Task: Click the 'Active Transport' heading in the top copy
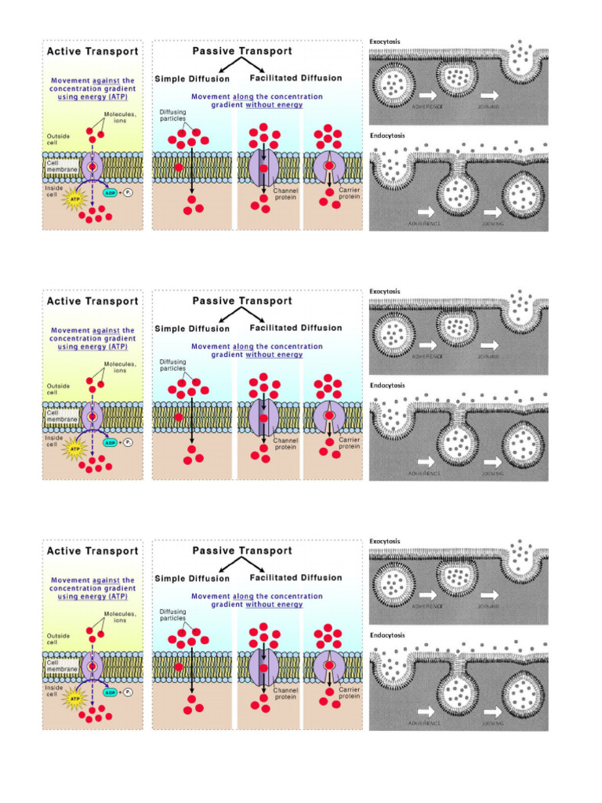pos(92,52)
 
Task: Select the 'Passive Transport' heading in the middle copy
pos(242,301)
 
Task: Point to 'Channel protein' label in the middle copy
pos(285,444)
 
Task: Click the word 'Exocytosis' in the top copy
pos(385,41)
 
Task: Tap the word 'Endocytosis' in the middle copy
pos(387,385)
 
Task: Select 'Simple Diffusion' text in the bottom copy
pos(192,579)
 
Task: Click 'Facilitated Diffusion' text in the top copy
pos(296,78)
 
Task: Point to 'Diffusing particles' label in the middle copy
pos(172,365)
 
